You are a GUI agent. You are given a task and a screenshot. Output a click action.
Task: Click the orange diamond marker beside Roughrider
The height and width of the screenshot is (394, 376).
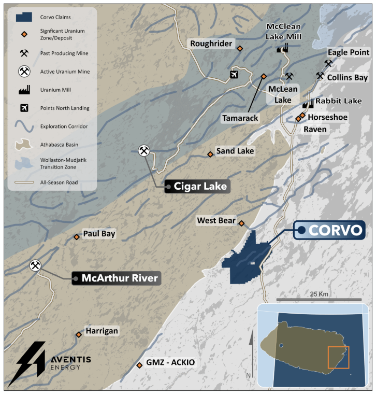pyautogui.click(x=240, y=49)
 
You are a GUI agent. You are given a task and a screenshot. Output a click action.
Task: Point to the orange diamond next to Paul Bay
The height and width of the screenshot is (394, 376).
pyautogui.click(x=77, y=237)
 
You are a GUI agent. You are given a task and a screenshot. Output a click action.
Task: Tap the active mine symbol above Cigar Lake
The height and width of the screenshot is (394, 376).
pyautogui.click(x=144, y=151)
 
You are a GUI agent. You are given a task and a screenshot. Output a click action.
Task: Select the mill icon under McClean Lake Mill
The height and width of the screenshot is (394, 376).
pyautogui.click(x=282, y=48)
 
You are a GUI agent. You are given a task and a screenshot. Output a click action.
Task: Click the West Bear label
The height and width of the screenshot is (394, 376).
pyautogui.click(x=216, y=221)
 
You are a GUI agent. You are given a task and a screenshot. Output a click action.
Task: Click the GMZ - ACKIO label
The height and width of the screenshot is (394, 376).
pyautogui.click(x=170, y=362)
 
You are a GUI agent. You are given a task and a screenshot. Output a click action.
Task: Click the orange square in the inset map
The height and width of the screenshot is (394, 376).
pyautogui.click(x=339, y=357)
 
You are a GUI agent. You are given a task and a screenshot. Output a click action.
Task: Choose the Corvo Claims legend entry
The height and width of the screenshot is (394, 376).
pyautogui.click(x=49, y=17)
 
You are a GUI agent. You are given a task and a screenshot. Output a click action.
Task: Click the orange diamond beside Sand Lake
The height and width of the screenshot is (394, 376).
pyautogui.click(x=210, y=154)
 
